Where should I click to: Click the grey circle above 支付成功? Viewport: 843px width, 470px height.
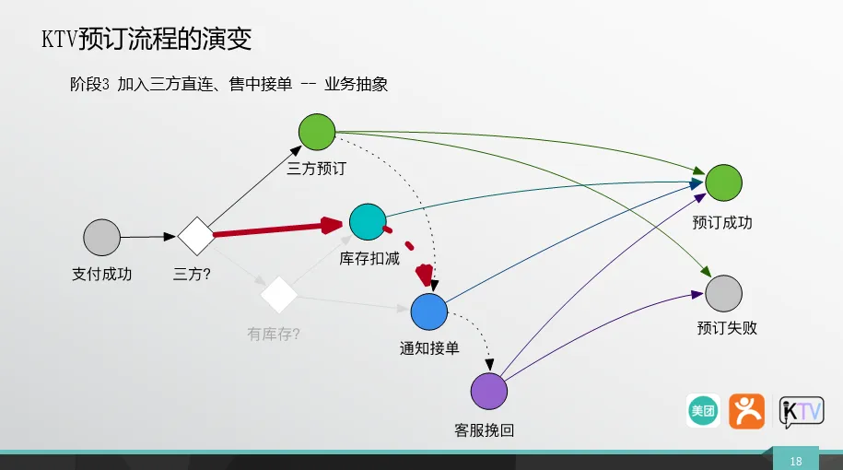tap(101, 237)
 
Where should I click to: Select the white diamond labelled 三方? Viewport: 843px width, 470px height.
tap(196, 236)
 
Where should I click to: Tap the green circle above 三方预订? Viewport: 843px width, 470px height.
tap(317, 132)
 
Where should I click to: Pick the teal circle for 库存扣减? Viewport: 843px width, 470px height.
tap(368, 221)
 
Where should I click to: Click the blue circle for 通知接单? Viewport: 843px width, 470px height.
tap(429, 311)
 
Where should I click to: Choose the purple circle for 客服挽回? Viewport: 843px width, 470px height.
tap(488, 391)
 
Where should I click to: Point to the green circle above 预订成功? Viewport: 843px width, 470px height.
tap(723, 182)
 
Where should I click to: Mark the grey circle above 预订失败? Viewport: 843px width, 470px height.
tap(723, 294)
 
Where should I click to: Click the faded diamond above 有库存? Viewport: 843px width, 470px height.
tap(278, 294)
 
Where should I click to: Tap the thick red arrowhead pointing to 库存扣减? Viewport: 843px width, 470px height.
tap(332, 225)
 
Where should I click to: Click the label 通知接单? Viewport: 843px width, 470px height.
tap(429, 348)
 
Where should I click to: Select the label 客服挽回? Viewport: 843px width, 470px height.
tap(484, 430)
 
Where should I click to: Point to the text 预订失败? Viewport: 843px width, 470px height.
tap(727, 328)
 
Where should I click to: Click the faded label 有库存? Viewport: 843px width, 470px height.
tap(273, 334)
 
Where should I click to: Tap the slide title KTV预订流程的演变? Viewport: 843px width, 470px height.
tap(146, 39)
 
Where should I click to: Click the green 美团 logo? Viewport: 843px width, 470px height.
tap(703, 411)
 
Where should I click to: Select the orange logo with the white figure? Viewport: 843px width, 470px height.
tap(747, 411)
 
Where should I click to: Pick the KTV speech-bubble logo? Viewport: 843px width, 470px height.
tap(802, 412)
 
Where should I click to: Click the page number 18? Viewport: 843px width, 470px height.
tap(796, 462)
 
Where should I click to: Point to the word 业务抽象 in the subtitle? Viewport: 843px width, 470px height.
tap(356, 85)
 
